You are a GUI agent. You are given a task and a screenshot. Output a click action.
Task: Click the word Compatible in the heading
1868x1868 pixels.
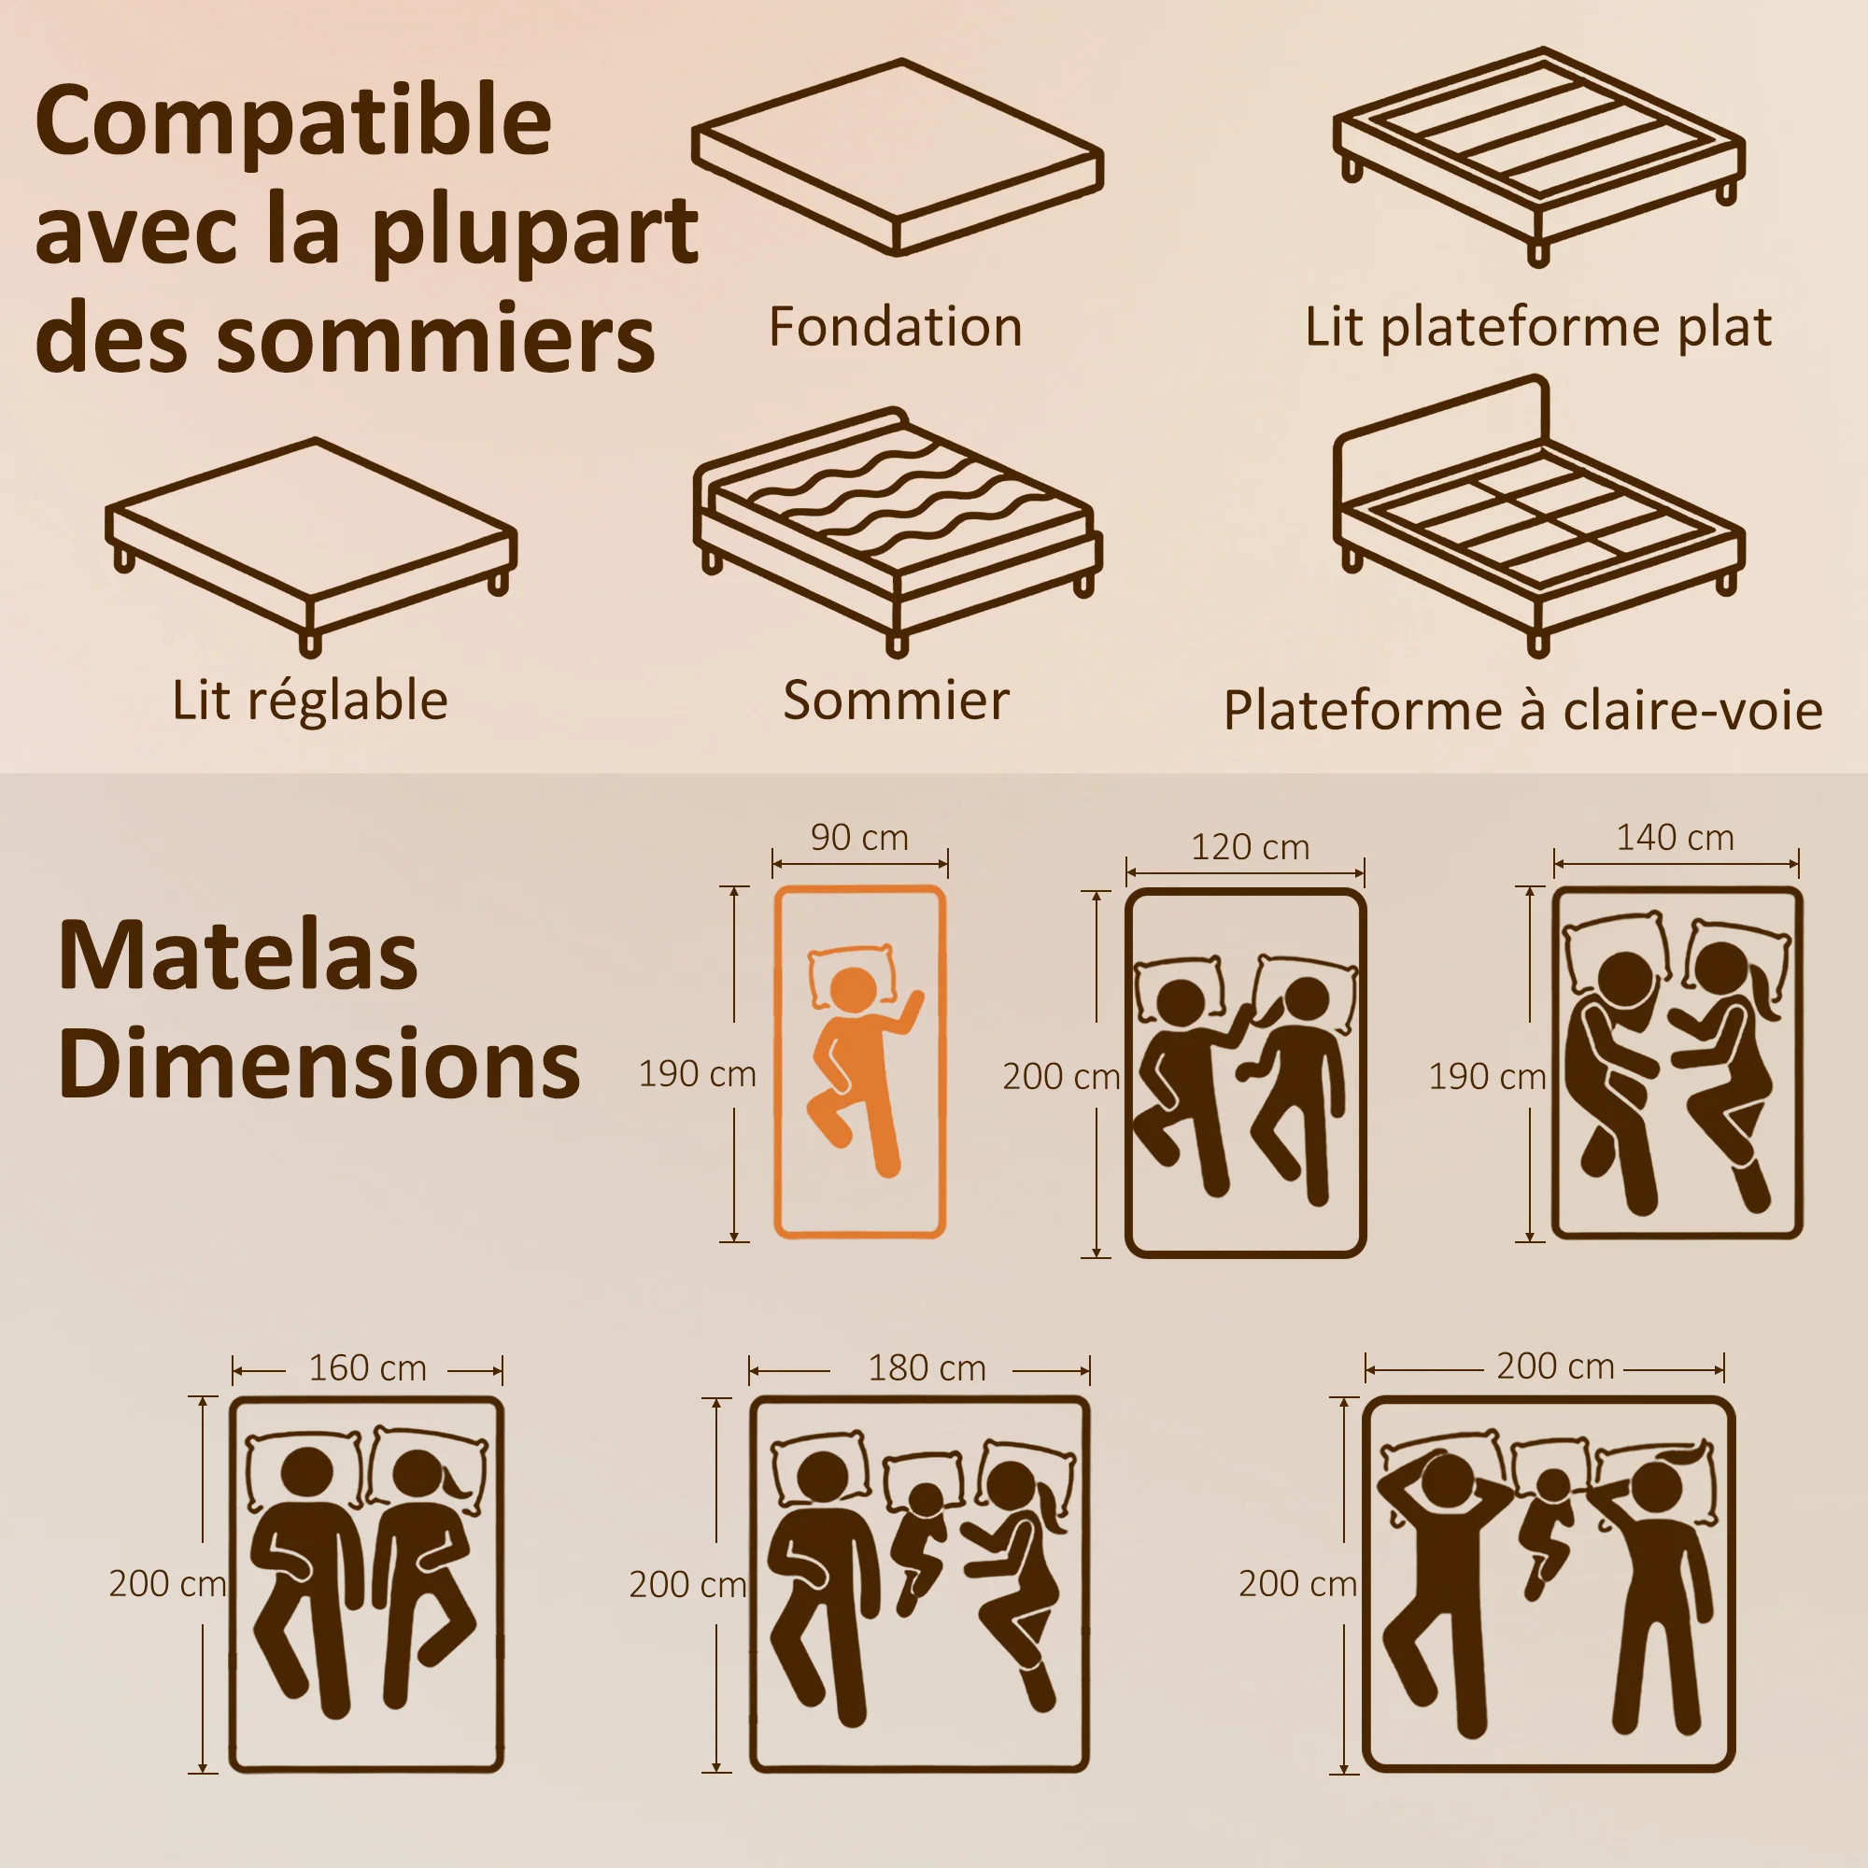[x=293, y=121]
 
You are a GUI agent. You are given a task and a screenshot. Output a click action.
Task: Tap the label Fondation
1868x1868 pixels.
[x=896, y=327]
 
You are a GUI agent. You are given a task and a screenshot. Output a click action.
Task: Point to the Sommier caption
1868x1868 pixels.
[x=897, y=700]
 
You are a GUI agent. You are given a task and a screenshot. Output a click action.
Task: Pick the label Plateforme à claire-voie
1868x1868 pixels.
[x=1522, y=711]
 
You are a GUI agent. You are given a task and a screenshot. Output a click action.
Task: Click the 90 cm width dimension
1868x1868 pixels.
[x=859, y=837]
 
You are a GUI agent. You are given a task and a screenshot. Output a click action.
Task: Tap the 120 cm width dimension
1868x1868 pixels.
[x=1251, y=847]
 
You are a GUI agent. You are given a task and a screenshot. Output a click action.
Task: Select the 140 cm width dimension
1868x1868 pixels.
[x=1676, y=837]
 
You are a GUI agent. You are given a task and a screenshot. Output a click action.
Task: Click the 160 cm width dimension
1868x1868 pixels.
[x=367, y=1368]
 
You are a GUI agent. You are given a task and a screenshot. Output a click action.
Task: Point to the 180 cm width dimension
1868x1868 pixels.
[x=927, y=1368]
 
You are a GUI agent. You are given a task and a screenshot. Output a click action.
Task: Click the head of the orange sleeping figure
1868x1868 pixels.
[x=854, y=991]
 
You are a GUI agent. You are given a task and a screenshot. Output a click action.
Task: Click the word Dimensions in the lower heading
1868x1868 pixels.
[x=319, y=1064]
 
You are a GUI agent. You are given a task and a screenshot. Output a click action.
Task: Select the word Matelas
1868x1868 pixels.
[x=238, y=955]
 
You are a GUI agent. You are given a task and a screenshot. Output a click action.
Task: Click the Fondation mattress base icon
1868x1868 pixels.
[x=899, y=158]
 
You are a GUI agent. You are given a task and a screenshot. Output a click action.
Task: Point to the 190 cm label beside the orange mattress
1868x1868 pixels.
[x=697, y=1074]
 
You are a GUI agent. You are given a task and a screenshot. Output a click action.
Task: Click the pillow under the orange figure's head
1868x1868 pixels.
[x=852, y=972]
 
